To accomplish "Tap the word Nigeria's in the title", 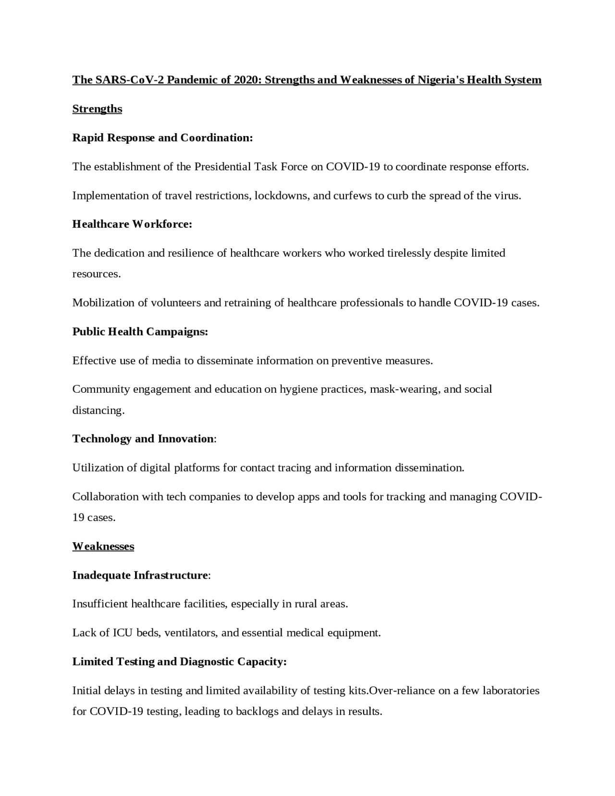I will click(x=441, y=80).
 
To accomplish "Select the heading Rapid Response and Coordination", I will click(x=162, y=138).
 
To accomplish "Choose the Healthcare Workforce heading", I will click(x=132, y=224).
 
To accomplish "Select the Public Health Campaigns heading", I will click(x=140, y=332).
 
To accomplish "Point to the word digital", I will click(x=155, y=468).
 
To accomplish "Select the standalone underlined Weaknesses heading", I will click(x=103, y=547).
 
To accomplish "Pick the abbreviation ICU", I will click(x=123, y=633).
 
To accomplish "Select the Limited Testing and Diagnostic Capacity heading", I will click(x=179, y=662).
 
